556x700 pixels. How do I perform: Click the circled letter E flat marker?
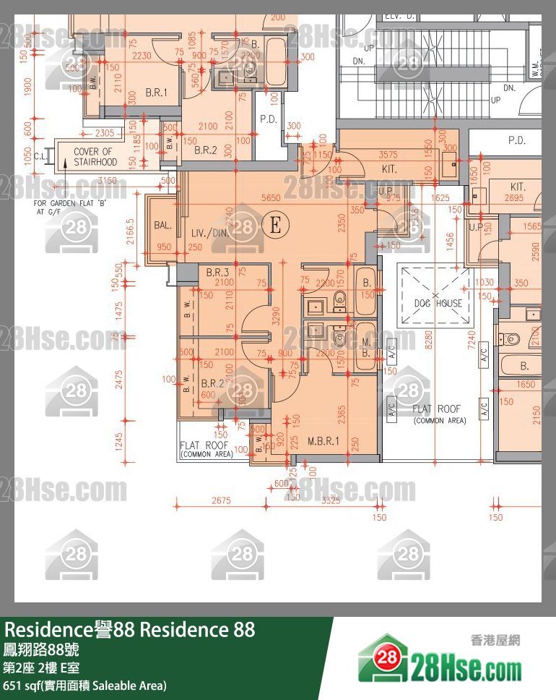click(x=274, y=226)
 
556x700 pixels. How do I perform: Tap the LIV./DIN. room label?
click(x=209, y=233)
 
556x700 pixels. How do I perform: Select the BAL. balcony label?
click(x=162, y=226)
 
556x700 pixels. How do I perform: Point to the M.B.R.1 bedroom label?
click(x=323, y=440)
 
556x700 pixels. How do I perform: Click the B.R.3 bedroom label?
click(x=217, y=273)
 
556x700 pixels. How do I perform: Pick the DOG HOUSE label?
click(x=438, y=303)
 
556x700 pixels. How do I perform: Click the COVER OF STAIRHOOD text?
click(x=95, y=157)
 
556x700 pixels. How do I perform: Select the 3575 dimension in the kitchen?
click(x=388, y=155)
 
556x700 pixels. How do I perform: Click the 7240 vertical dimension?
click(x=472, y=341)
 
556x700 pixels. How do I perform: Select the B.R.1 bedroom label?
click(x=156, y=93)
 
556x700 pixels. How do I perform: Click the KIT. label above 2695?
click(x=517, y=187)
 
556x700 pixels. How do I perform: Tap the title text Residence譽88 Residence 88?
click(x=130, y=630)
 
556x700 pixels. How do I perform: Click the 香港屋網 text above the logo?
click(x=495, y=640)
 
